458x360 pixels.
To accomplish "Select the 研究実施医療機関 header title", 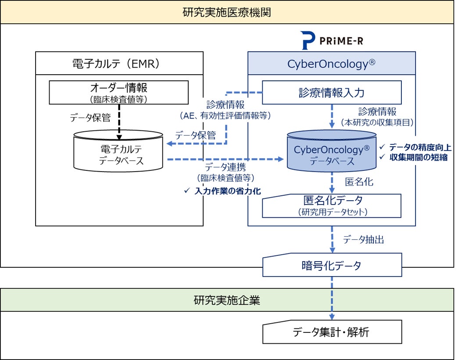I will pyautogui.click(x=227, y=12).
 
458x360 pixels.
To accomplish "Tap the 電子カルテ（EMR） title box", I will pyautogui.click(x=119, y=63).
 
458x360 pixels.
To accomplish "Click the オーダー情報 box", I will pyautogui.click(x=119, y=92).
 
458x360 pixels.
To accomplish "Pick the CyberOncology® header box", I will pyautogui.click(x=331, y=63).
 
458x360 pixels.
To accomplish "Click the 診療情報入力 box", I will pyautogui.click(x=332, y=93).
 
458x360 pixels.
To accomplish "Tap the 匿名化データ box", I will pyautogui.click(x=332, y=205).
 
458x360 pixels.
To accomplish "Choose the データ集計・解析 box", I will pyautogui.click(x=332, y=332).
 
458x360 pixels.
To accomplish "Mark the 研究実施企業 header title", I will pyautogui.click(x=227, y=300).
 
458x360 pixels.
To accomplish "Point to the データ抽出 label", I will pyautogui.click(x=363, y=239).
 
